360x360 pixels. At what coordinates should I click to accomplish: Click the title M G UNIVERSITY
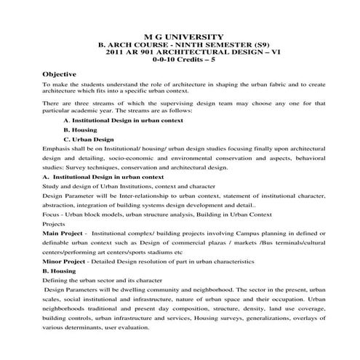coord(180,36)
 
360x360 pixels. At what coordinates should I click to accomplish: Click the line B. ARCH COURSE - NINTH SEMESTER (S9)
coord(180,45)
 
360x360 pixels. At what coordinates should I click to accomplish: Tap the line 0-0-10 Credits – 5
coord(180,61)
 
